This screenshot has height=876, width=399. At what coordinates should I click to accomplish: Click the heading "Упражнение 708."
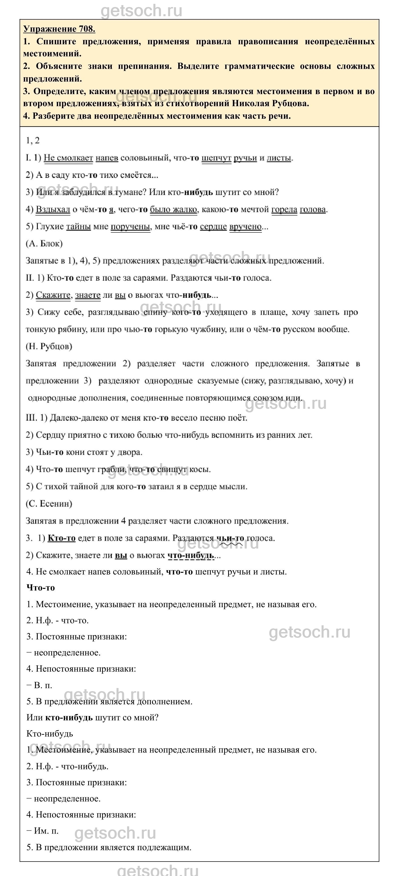click(x=59, y=29)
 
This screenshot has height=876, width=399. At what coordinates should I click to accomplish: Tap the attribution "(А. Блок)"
click(x=44, y=243)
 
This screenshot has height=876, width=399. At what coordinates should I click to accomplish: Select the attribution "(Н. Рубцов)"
click(x=49, y=346)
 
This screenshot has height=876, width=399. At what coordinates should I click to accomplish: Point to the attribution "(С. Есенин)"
click(x=49, y=503)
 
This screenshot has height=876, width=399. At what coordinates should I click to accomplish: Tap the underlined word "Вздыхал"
click(x=53, y=209)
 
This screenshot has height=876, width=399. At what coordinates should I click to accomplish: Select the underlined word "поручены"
click(x=130, y=227)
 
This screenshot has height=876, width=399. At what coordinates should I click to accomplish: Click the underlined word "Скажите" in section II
click(x=53, y=295)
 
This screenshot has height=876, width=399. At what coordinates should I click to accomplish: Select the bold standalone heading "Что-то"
click(x=40, y=587)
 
